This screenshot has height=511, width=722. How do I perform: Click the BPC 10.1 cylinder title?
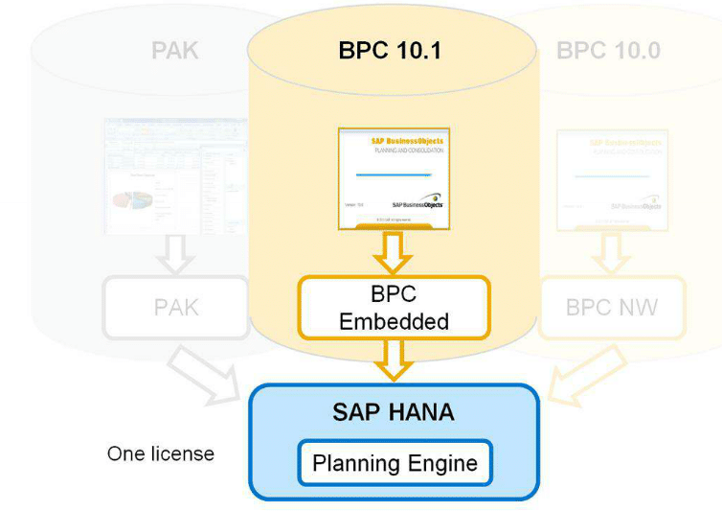[x=390, y=50]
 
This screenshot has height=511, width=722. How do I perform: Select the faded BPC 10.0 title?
[x=608, y=51]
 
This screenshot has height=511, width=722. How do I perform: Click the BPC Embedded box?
[x=394, y=308]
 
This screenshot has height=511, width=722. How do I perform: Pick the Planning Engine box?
[x=395, y=464]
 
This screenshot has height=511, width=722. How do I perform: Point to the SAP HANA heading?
[x=395, y=414]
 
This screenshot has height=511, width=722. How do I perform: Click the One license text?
[x=160, y=453]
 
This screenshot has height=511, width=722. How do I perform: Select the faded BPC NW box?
[x=612, y=308]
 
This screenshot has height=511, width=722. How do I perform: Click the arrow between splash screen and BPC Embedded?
[x=394, y=253]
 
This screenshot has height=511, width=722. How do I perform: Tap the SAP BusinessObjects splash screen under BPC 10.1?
[x=394, y=177]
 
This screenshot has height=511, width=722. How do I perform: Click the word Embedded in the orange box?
[x=394, y=321]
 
